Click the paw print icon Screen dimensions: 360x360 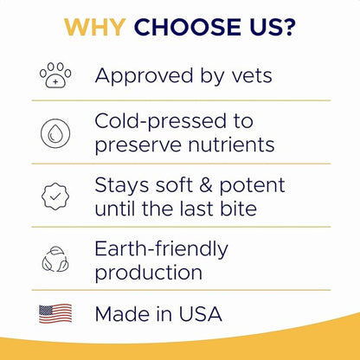click(x=55, y=76)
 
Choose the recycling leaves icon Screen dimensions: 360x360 click(x=55, y=259)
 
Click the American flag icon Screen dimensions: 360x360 click(x=55, y=313)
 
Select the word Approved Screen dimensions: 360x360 click(x=140, y=76)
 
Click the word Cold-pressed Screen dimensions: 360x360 click(x=159, y=120)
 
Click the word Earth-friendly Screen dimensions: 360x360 click(x=162, y=249)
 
